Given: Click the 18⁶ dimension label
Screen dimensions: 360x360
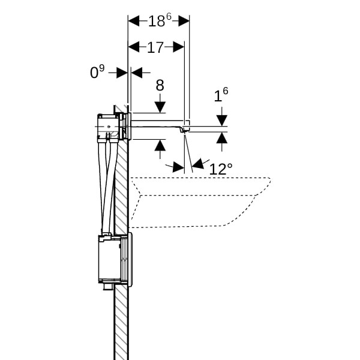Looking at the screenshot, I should [x=159, y=20].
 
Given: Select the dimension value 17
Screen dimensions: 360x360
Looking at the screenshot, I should [x=155, y=47].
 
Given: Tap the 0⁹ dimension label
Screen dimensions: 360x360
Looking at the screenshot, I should [x=97, y=73].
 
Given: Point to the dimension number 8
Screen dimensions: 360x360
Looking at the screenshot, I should [x=160, y=86].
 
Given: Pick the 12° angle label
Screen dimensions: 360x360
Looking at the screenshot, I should [x=220, y=169].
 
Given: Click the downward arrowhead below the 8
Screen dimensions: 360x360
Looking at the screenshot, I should [x=160, y=106].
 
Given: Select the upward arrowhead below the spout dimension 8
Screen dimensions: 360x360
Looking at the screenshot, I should [x=160, y=146].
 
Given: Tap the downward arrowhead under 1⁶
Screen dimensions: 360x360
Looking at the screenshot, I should [x=221, y=119].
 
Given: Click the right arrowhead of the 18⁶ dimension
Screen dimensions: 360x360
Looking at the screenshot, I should [x=183, y=21].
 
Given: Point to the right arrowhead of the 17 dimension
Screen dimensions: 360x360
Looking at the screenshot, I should [x=178, y=47].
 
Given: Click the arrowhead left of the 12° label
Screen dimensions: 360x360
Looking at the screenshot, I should [x=178, y=167].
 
